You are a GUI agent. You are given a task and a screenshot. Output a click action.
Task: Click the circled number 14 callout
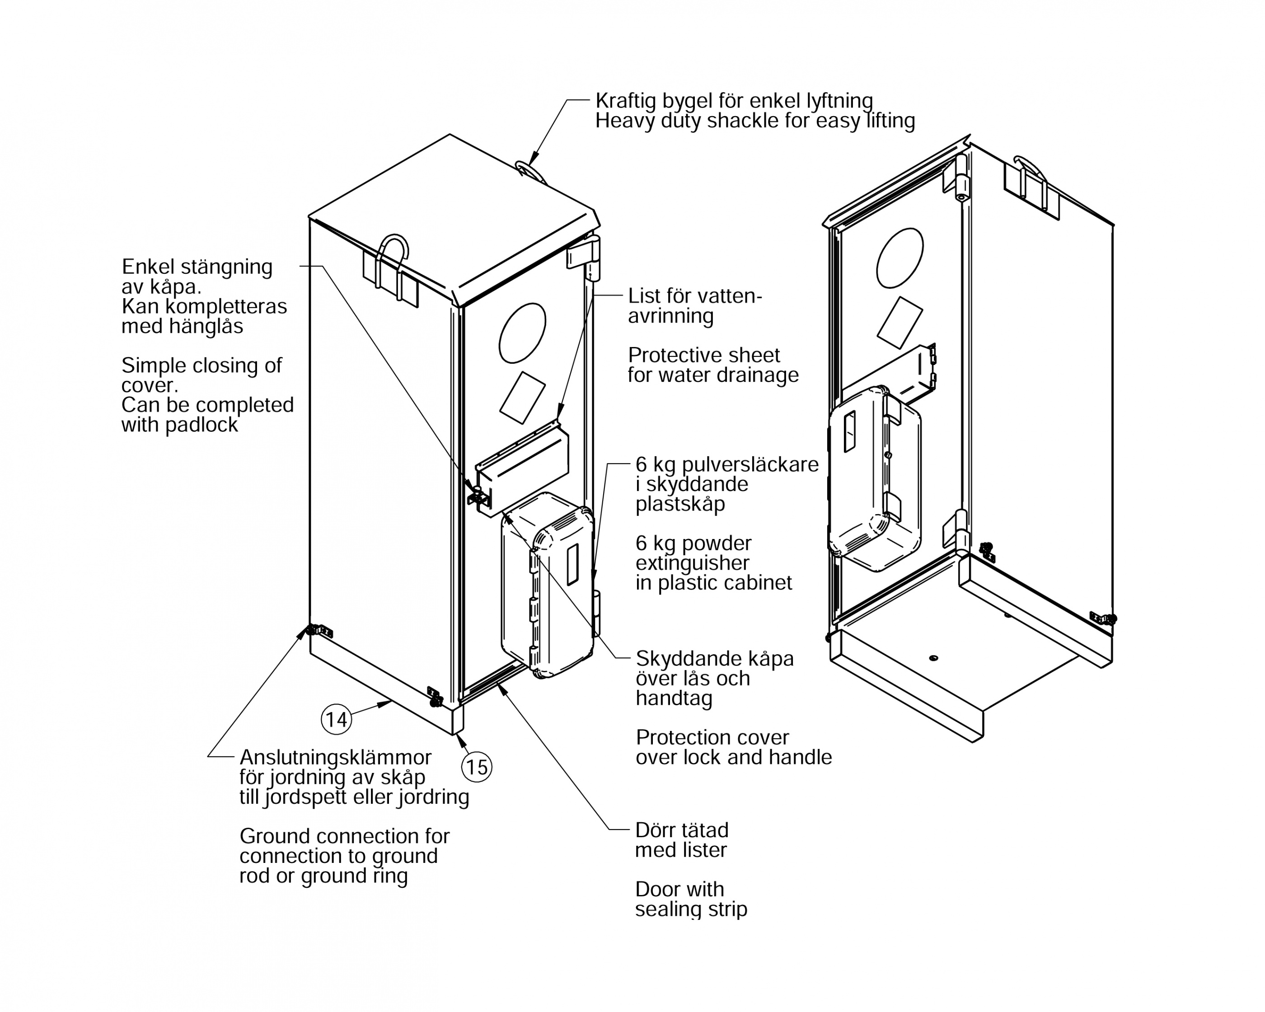click(337, 719)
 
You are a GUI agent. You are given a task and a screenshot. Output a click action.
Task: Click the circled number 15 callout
click(477, 767)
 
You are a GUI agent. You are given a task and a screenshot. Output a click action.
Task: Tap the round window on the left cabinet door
click(522, 333)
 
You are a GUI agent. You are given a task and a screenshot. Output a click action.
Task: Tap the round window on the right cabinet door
click(900, 258)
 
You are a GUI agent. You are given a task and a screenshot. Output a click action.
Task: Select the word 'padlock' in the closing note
click(202, 425)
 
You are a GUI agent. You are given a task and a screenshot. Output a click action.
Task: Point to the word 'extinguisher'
click(692, 563)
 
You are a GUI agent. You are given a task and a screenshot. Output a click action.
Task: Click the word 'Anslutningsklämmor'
click(336, 757)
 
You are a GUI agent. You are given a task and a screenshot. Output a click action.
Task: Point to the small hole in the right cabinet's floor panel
click(933, 658)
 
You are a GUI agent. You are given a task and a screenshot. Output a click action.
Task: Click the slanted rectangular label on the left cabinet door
click(522, 397)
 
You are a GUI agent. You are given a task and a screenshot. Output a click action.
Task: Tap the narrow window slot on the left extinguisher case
click(572, 564)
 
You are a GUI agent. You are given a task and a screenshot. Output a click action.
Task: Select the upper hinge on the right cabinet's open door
click(961, 178)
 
